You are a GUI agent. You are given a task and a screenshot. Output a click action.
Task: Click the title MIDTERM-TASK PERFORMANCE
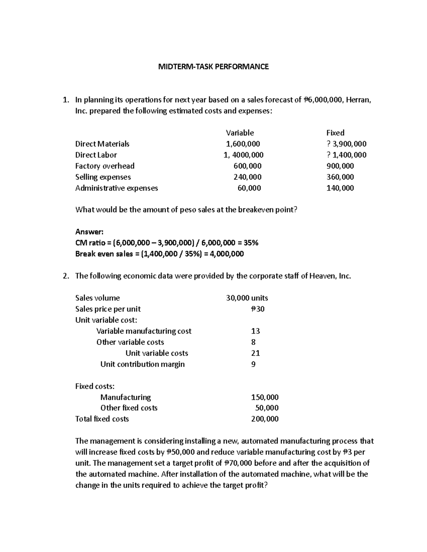(x=213, y=66)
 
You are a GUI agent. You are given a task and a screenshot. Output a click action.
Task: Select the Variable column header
(x=240, y=133)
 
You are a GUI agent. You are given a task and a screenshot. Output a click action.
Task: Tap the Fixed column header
(x=335, y=133)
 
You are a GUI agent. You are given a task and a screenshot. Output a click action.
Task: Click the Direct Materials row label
(x=102, y=144)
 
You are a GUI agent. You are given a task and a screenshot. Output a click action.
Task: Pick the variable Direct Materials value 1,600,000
(x=243, y=144)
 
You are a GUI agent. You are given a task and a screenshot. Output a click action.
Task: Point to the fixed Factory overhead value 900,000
(x=340, y=166)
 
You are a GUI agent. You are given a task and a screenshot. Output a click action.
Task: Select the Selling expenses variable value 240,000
(x=247, y=177)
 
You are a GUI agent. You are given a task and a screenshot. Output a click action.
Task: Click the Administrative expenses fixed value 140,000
(x=340, y=188)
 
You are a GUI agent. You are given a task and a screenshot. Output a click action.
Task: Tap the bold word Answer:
(x=89, y=232)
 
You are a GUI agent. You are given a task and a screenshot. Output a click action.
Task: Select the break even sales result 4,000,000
(x=226, y=254)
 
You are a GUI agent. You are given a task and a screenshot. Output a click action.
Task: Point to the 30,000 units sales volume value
(x=247, y=298)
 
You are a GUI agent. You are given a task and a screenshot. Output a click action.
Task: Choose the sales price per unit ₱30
(x=258, y=309)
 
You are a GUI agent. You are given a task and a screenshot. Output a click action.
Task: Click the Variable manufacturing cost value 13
(x=255, y=331)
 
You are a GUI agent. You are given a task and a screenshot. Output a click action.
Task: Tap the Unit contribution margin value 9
(x=253, y=364)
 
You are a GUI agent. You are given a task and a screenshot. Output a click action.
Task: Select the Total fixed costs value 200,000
(x=265, y=419)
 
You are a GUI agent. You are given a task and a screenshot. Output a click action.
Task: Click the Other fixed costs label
(x=129, y=408)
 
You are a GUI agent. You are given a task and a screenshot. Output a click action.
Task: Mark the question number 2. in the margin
(x=65, y=276)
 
